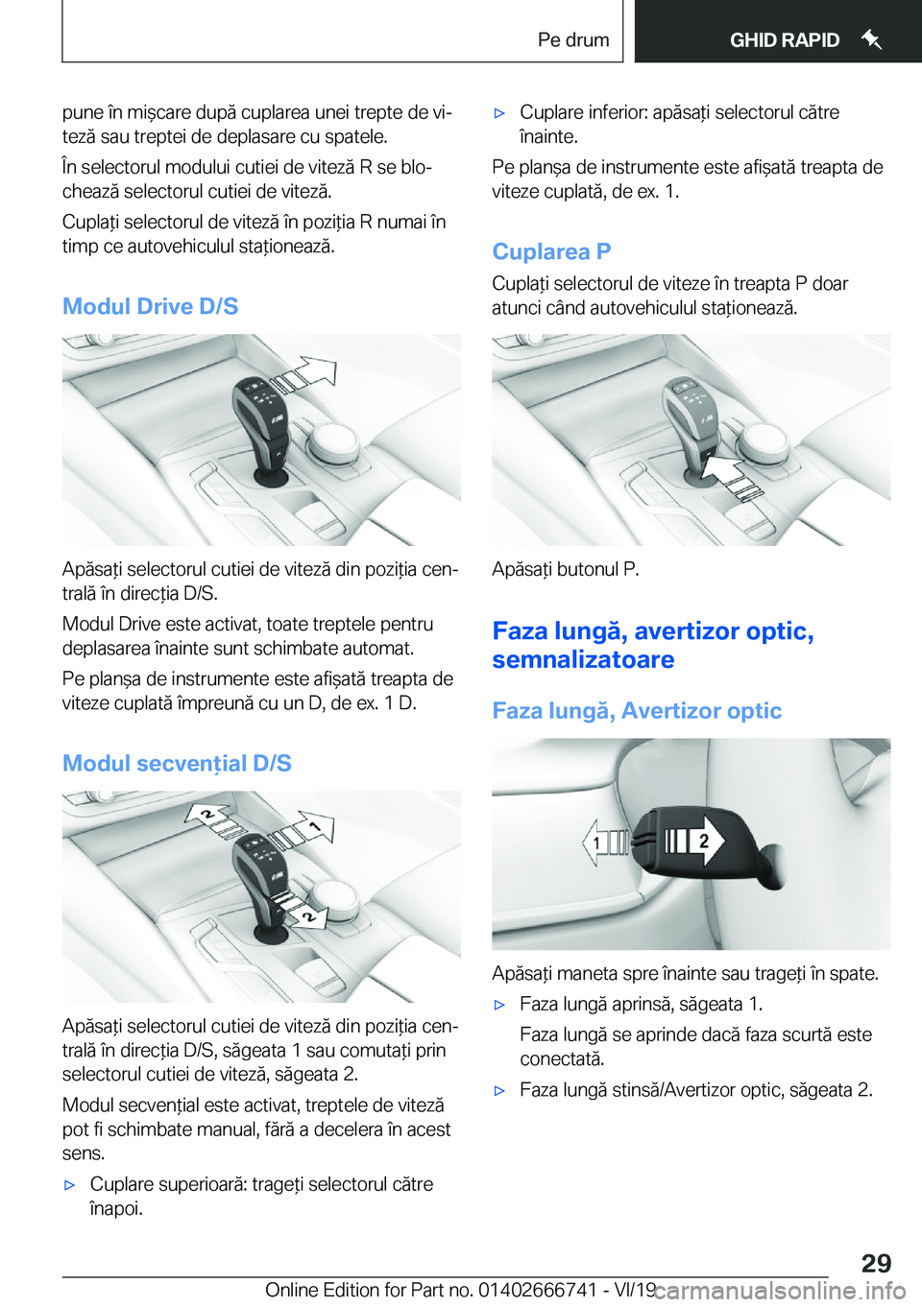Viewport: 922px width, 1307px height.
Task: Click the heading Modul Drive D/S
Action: pyautogui.click(x=150, y=306)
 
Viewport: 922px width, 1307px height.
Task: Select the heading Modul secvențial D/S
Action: pyautogui.click(x=177, y=763)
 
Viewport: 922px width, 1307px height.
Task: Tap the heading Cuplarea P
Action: pyautogui.click(x=551, y=251)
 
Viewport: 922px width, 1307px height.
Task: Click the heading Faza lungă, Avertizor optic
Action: pyautogui.click(x=637, y=711)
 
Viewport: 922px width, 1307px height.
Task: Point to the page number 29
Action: pyautogui.click(x=876, y=1263)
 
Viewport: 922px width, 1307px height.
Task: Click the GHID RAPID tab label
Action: pyautogui.click(x=785, y=39)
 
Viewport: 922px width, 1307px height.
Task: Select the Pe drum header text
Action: pyautogui.click(x=573, y=39)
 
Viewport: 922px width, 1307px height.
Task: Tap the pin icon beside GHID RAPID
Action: pyautogui.click(x=870, y=39)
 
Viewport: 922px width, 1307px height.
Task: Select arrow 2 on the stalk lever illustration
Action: pyautogui.click(x=694, y=841)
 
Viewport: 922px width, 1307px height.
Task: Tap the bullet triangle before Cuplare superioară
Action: pyautogui.click(x=69, y=1186)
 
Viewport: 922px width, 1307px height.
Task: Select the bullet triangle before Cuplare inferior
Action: pyautogui.click(x=499, y=113)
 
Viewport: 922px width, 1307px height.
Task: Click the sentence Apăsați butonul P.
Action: pyautogui.click(x=566, y=569)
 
